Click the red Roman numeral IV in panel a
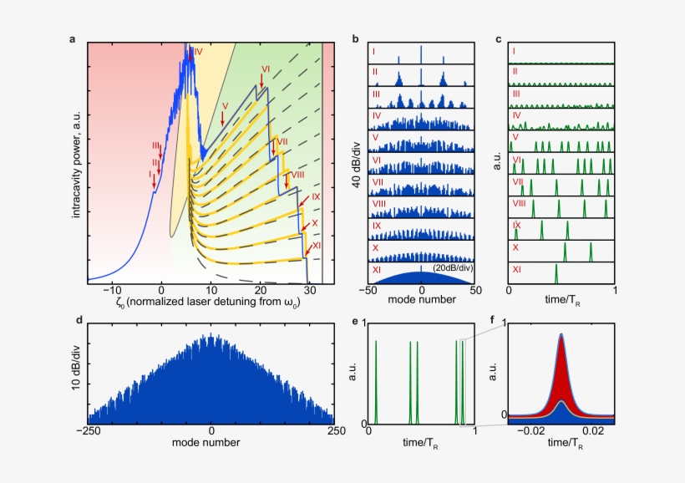197,52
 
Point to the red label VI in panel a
265,69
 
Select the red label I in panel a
150,174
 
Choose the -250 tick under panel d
89,431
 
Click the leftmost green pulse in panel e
376,380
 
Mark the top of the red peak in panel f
561,334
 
